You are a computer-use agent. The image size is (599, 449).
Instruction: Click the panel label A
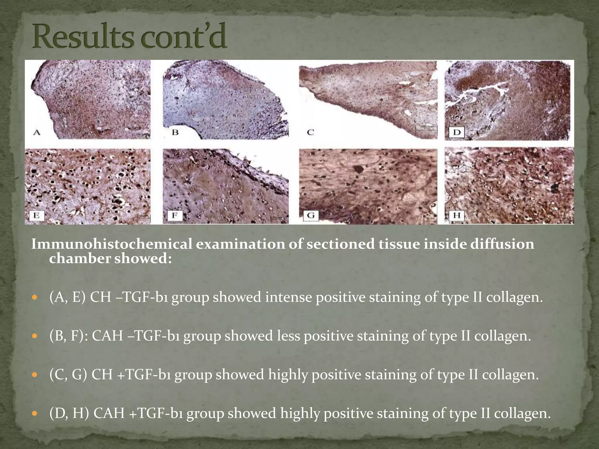(x=37, y=133)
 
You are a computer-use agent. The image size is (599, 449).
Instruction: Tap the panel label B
(x=175, y=132)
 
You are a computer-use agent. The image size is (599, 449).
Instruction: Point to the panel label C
(x=310, y=132)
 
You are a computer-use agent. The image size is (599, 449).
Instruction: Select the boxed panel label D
(x=457, y=132)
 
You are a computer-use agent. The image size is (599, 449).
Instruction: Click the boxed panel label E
(x=37, y=216)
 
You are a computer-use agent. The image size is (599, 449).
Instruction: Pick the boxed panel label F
(x=175, y=216)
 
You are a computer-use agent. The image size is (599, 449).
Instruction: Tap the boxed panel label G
(x=311, y=216)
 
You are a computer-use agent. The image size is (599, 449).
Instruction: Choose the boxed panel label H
(x=457, y=216)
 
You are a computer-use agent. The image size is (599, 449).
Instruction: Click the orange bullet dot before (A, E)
(x=35, y=298)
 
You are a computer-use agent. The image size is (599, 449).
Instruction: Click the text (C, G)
(x=68, y=374)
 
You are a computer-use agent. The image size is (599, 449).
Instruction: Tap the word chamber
(x=79, y=258)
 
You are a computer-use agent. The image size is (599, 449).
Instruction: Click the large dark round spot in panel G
(x=358, y=169)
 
